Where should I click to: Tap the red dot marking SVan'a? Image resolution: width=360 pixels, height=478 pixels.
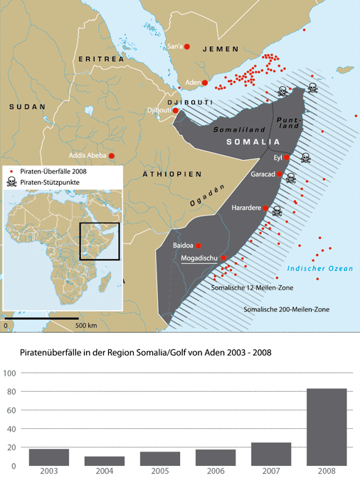(187, 47)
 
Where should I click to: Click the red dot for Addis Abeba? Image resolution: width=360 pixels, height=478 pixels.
(112, 155)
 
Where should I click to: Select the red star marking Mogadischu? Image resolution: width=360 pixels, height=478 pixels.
(224, 258)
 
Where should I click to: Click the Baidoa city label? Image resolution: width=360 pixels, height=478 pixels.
(184, 245)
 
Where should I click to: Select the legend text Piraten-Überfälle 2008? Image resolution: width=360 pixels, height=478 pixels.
(53, 171)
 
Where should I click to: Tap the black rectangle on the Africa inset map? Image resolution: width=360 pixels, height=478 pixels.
(99, 242)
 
